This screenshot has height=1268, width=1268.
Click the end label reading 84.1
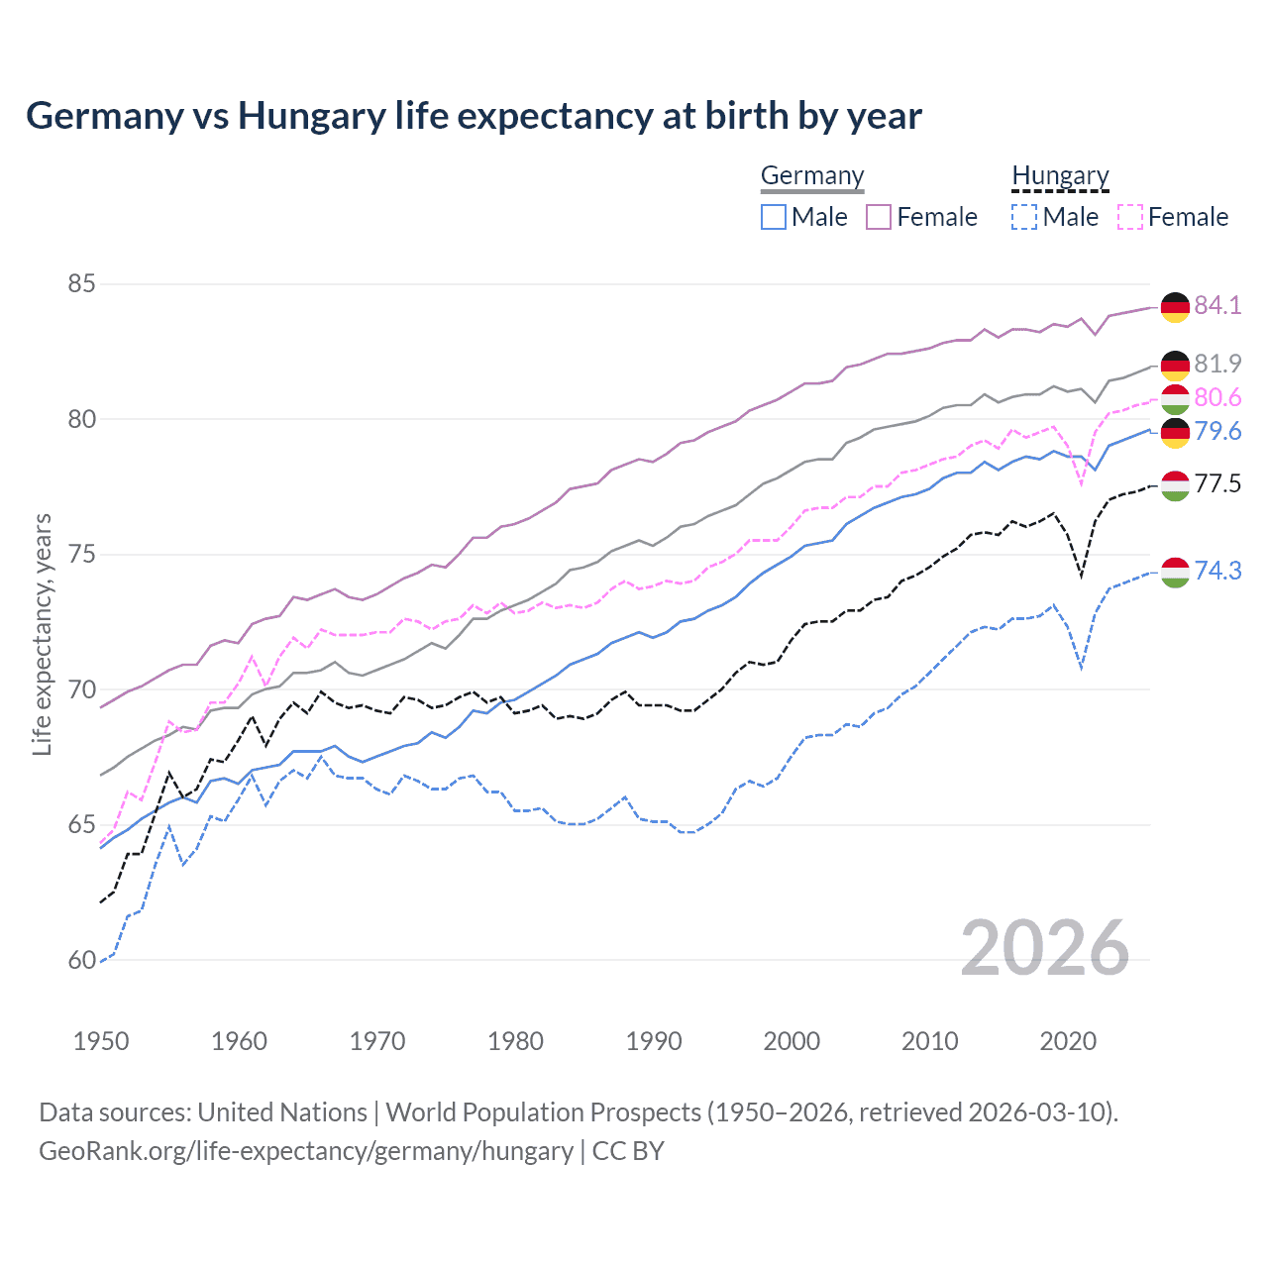tap(1217, 305)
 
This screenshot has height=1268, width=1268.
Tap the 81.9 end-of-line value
tap(1217, 364)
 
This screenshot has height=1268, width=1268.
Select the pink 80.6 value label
tap(1217, 397)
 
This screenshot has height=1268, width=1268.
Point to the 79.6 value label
tap(1217, 431)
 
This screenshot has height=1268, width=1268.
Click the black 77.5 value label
tap(1217, 483)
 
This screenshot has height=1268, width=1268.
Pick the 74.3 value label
tap(1217, 571)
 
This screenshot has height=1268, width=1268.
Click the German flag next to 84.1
tap(1175, 307)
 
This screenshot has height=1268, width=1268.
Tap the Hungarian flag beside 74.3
tap(1175, 573)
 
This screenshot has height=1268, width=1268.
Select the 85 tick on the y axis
tap(81, 284)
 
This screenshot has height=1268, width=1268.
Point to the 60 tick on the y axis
tap(81, 960)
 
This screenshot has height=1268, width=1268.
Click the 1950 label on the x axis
tap(101, 1041)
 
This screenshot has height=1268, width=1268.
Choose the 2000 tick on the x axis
tap(792, 1041)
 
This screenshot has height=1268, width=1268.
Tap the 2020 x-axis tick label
tap(1068, 1041)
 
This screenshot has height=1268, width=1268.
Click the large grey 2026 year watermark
tap(1045, 948)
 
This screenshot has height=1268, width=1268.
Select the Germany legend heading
tap(812, 175)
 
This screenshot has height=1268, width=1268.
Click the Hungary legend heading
tap(1060, 175)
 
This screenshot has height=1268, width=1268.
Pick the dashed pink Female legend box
tap(1130, 217)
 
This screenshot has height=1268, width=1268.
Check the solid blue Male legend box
tap(774, 217)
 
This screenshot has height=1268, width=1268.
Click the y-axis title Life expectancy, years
tap(42, 634)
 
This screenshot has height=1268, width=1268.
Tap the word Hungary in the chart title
tap(311, 117)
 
